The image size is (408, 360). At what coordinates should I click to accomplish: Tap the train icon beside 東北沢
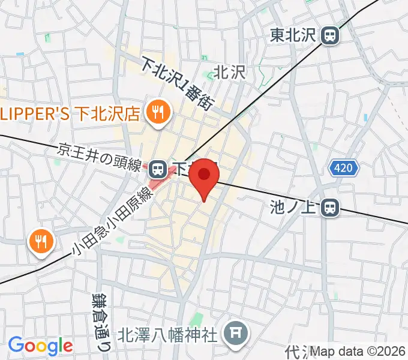pyautogui.click(x=329, y=36)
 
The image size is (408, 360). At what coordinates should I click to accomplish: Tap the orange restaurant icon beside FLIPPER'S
pyautogui.click(x=158, y=112)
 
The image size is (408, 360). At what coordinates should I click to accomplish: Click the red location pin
pyautogui.click(x=205, y=175)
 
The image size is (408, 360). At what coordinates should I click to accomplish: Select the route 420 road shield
pyautogui.click(x=344, y=169)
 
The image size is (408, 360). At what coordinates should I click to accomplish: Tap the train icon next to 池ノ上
pyautogui.click(x=329, y=208)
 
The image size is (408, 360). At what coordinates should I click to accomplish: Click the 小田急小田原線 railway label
pyautogui.click(x=109, y=221)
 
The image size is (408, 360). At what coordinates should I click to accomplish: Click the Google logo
pyautogui.click(x=40, y=346)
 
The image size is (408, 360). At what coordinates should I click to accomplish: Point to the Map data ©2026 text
pyautogui.click(x=358, y=351)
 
